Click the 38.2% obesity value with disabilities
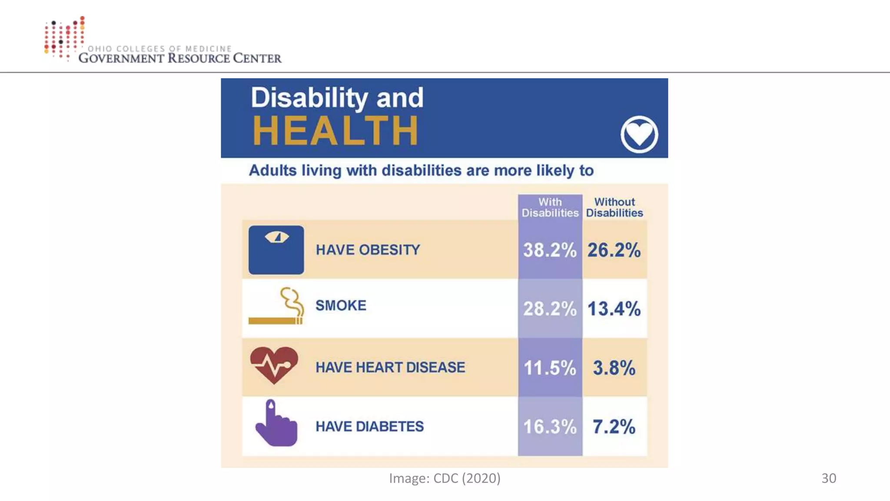[x=550, y=250]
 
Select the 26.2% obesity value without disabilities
[x=614, y=250]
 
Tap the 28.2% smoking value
[x=550, y=309]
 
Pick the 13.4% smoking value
[x=614, y=309]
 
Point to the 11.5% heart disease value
[x=550, y=368]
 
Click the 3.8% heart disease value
[x=614, y=368]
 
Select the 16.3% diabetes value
[x=550, y=427]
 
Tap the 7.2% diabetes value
[x=614, y=427]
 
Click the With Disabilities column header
[x=550, y=207]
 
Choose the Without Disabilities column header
[x=614, y=207]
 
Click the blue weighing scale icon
[x=276, y=250]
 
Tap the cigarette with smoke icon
[x=276, y=307]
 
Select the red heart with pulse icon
[x=274, y=365]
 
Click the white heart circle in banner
[x=639, y=134]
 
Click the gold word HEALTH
[x=335, y=130]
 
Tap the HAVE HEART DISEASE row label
[x=390, y=367]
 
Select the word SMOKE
[x=341, y=305]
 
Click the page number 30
[x=829, y=478]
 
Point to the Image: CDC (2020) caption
[x=445, y=478]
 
